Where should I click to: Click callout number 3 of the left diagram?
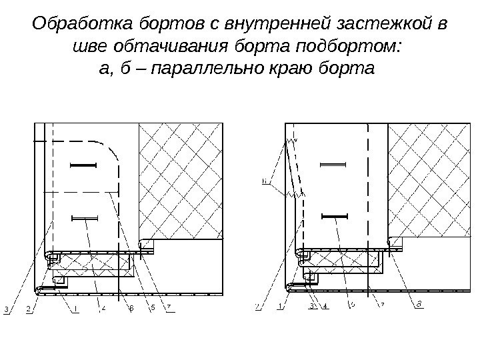pyautogui.click(x=6, y=309)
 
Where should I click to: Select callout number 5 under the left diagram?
pyautogui.click(x=153, y=307)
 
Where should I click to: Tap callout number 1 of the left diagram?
pyautogui.click(x=76, y=308)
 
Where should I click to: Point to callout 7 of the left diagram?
pyautogui.click(x=169, y=307)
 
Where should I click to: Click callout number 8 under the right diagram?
pyautogui.click(x=418, y=305)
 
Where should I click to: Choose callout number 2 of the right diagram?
pyautogui.click(x=257, y=307)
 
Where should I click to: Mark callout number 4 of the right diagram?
pyautogui.click(x=325, y=307)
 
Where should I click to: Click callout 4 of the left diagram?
pyautogui.click(x=103, y=308)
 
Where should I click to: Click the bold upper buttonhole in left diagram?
pyautogui.click(x=83, y=165)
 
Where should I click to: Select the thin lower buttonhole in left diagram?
pyautogui.click(x=83, y=217)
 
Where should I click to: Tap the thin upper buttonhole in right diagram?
pyautogui.click(x=333, y=164)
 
